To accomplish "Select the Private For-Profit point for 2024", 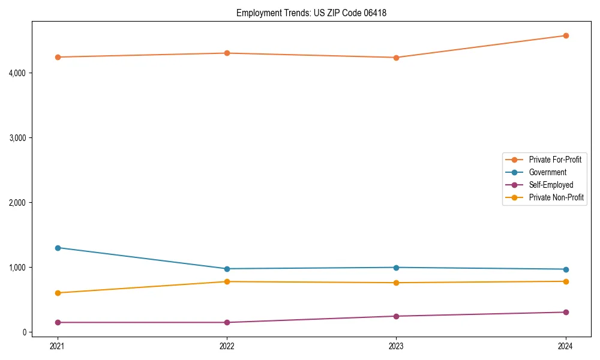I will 565,35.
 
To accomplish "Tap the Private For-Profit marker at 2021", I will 58,57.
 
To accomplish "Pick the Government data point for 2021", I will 58,248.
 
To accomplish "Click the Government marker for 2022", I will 227,269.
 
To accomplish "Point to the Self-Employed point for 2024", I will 565,312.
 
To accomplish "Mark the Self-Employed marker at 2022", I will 227,322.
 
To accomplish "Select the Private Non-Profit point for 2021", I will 58,293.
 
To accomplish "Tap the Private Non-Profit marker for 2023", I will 396,283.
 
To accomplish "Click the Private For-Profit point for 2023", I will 396,58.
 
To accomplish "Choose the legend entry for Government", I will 547,172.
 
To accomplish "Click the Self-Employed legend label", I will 551,185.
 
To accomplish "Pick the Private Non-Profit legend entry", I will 556,197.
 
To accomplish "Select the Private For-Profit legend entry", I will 555,160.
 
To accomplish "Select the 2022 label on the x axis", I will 227,346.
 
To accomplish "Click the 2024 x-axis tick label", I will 565,346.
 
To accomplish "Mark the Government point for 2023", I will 396,268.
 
